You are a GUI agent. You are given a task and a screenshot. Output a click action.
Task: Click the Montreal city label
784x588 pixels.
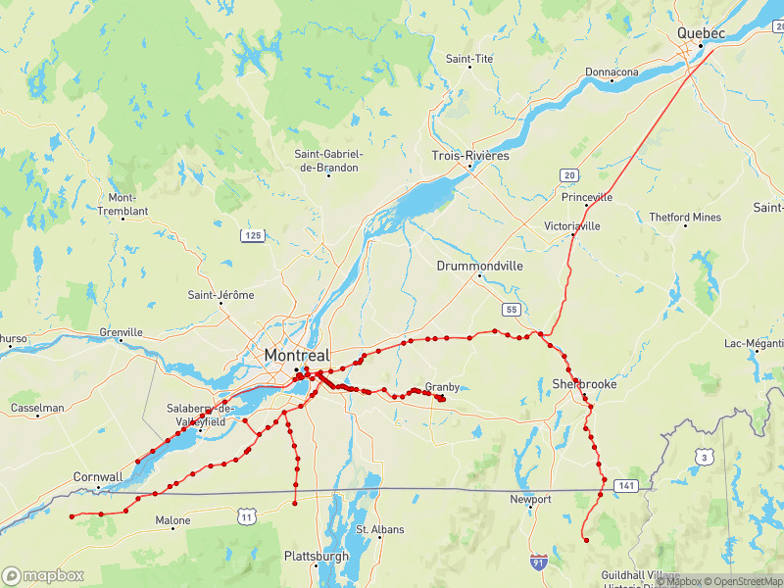(x=297, y=355)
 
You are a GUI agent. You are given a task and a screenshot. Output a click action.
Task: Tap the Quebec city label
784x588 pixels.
(x=701, y=33)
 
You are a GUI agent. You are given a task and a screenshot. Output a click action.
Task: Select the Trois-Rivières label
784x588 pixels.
(x=470, y=156)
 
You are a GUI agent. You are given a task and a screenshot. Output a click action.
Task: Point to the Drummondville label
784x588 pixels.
(x=480, y=266)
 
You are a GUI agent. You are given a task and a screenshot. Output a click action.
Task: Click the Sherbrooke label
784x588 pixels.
(x=584, y=384)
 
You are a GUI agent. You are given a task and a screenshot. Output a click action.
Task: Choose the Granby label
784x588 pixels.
(x=442, y=387)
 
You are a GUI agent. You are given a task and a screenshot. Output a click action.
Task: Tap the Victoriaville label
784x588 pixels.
(x=572, y=225)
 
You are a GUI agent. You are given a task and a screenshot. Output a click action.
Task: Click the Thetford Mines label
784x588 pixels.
(x=685, y=218)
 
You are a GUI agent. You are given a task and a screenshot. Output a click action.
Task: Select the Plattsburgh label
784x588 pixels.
(x=316, y=556)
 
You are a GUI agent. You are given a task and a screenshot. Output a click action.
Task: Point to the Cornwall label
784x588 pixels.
(x=98, y=477)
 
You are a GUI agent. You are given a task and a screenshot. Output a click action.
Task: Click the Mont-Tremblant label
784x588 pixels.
(x=122, y=204)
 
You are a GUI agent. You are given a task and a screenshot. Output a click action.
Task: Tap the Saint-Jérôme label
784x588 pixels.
(x=220, y=295)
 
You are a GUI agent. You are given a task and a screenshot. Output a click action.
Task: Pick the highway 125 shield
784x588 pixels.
(x=253, y=235)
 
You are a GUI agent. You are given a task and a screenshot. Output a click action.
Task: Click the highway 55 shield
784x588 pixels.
(x=512, y=310)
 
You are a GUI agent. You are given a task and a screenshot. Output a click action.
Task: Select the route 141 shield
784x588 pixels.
(x=627, y=485)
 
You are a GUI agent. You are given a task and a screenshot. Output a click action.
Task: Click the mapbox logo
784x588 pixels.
(x=43, y=575)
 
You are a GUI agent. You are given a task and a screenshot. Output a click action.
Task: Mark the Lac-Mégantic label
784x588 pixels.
(x=756, y=343)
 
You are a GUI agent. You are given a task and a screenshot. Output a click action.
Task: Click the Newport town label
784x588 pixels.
(x=530, y=499)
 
